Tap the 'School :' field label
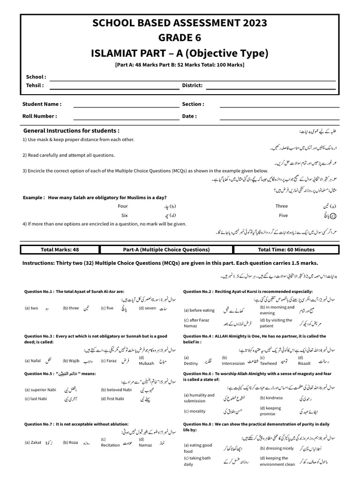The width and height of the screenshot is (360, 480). tap(36, 76)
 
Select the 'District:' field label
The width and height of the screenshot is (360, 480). tap(192, 85)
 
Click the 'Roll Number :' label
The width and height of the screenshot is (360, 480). tap(40, 116)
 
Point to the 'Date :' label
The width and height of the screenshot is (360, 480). tap(189, 116)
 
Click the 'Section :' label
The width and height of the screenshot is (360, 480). tap(193, 104)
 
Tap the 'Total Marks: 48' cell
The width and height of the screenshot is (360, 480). tap(60, 249)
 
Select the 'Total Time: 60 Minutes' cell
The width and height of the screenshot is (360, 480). tap(286, 249)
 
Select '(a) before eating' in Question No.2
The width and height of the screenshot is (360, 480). tap(199, 310)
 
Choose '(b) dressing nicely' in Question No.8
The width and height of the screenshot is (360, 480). tap(277, 448)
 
